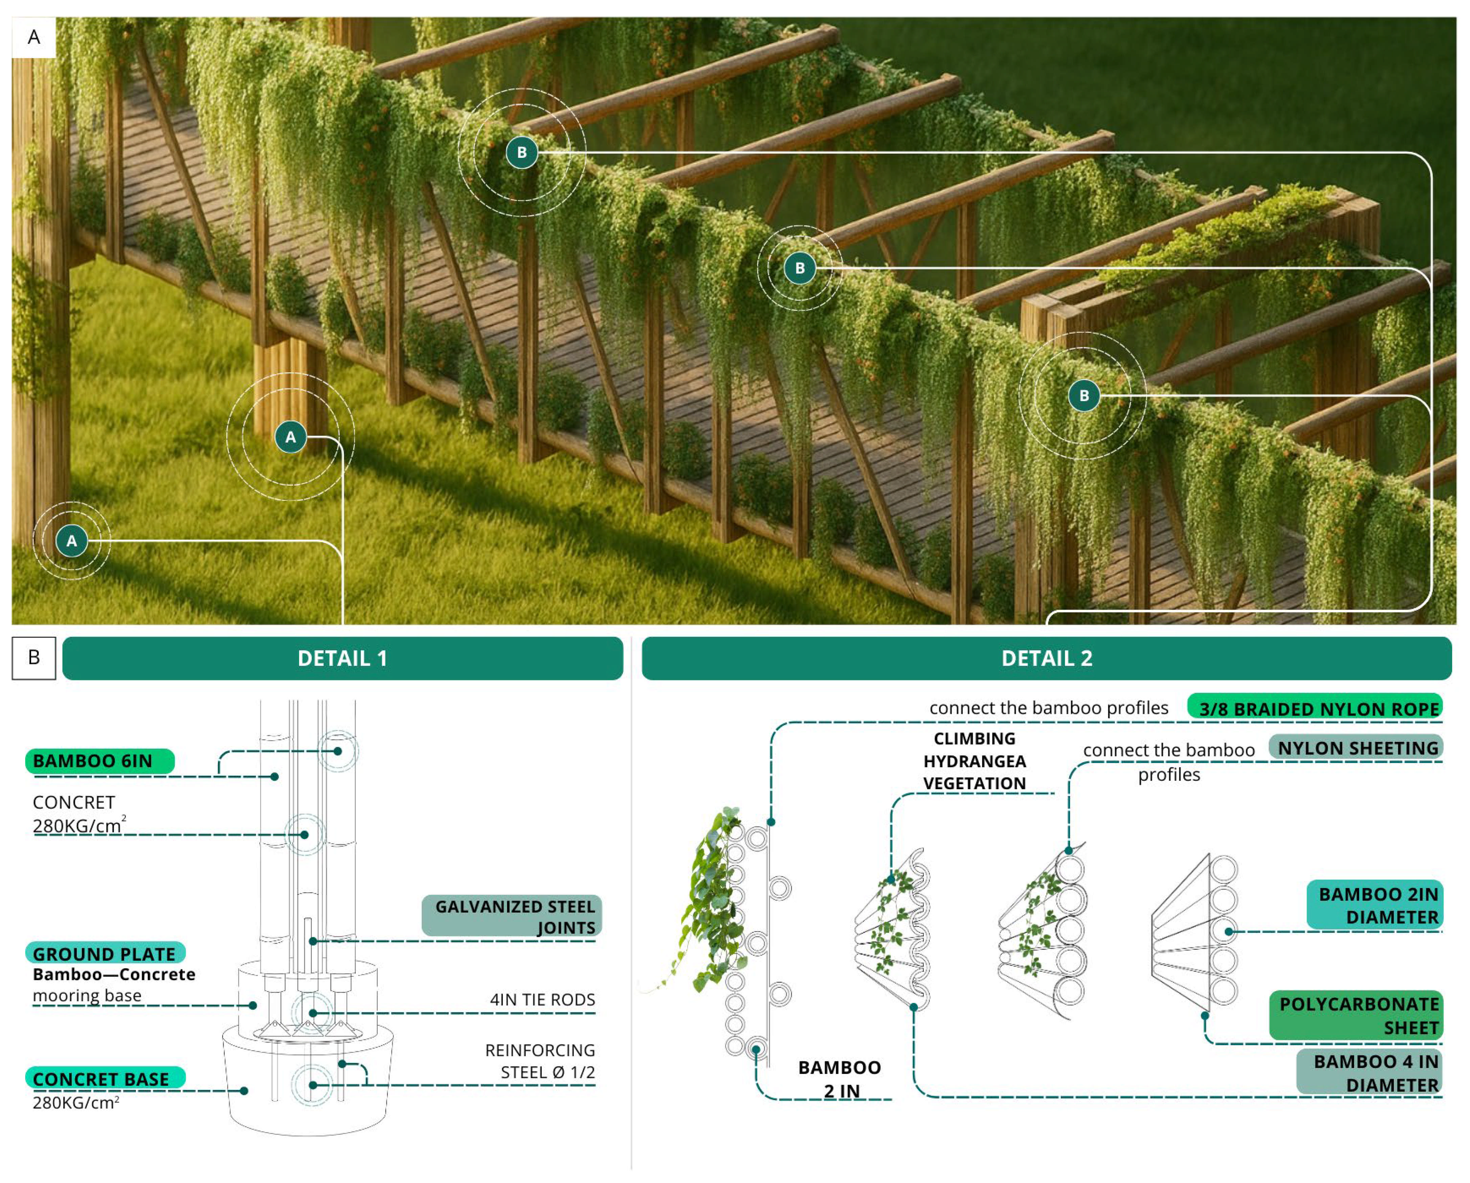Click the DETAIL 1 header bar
tap(342, 658)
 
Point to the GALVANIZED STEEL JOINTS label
tap(512, 917)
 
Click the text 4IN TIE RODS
tap(542, 1000)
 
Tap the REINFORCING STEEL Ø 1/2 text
tap(540, 1061)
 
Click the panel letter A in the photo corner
tap(33, 38)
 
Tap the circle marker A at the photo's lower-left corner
tap(72, 541)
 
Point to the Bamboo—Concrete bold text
tap(114, 974)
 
